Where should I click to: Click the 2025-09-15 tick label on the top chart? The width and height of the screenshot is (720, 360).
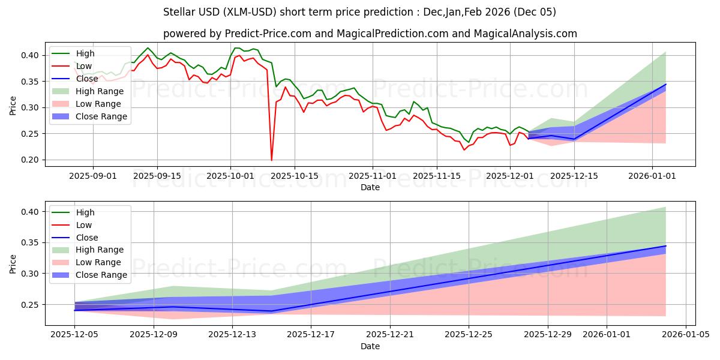pos(157,176)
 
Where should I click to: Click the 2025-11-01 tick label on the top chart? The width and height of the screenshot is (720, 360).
pos(373,176)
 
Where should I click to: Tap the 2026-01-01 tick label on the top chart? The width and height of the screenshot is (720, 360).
pos(652,176)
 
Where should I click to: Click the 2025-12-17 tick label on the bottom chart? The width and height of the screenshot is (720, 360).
pos(311,335)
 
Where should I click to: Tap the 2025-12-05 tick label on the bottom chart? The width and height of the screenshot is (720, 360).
pos(74,335)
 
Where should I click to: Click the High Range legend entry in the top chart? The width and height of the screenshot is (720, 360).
pos(100,91)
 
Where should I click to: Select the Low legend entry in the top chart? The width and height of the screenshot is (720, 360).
pos(85,66)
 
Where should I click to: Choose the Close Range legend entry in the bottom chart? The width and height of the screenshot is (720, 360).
pos(101,275)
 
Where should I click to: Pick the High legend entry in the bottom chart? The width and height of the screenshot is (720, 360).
pos(85,212)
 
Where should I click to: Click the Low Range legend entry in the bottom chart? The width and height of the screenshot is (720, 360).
pos(100,262)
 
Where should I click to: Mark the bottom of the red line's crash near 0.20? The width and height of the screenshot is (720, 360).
pos(272,160)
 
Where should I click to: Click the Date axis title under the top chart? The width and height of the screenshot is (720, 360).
pos(370,187)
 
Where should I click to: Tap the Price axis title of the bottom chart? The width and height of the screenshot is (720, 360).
pos(13,265)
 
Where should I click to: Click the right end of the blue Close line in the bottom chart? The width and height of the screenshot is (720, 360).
pos(665,245)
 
